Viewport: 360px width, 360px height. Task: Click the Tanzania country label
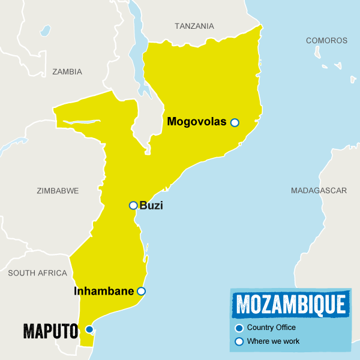[x=194, y=26]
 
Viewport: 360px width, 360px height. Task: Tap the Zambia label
[x=67, y=71]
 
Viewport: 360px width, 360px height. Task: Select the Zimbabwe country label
[x=58, y=191]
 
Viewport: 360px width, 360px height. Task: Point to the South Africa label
[x=37, y=273]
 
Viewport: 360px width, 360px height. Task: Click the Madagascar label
[x=319, y=191]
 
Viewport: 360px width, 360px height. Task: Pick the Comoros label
[x=326, y=41]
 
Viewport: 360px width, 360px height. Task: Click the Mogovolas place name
[x=197, y=122]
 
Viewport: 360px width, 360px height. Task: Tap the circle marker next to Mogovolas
[x=235, y=122]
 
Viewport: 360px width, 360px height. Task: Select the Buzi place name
[x=151, y=206]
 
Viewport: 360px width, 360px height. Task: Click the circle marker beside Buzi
[x=133, y=205]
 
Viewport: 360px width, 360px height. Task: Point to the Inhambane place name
[x=104, y=292]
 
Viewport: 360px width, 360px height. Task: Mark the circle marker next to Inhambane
[x=141, y=292]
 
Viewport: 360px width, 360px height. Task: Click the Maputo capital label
[x=51, y=330]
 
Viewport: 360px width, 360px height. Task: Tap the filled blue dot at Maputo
[x=89, y=329]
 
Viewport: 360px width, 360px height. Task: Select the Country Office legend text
[x=271, y=328]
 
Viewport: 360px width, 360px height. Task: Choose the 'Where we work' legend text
[x=273, y=341]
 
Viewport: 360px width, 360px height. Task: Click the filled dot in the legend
[x=239, y=328]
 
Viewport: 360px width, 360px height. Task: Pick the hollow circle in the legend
[x=239, y=341]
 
